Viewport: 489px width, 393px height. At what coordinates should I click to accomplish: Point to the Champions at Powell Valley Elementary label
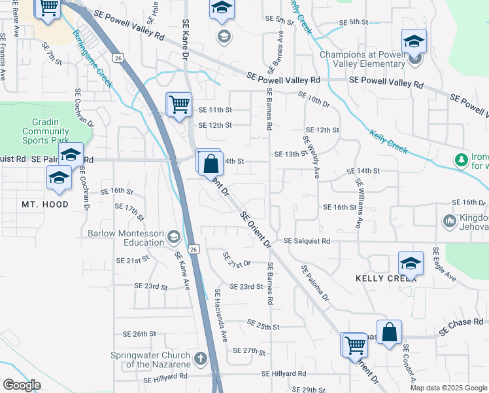362,59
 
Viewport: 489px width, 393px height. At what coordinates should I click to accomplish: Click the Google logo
22,384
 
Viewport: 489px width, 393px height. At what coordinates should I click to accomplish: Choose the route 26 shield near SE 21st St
194,249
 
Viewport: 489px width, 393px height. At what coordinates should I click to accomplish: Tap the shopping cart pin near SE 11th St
178,103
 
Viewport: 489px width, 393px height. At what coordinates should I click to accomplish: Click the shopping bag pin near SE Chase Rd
389,331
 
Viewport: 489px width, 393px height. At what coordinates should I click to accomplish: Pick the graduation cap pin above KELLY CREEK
411,263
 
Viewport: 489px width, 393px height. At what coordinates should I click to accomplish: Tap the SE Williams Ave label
358,202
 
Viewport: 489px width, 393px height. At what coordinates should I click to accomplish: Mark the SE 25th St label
263,326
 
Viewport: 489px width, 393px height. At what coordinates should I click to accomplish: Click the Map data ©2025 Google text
447,388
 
